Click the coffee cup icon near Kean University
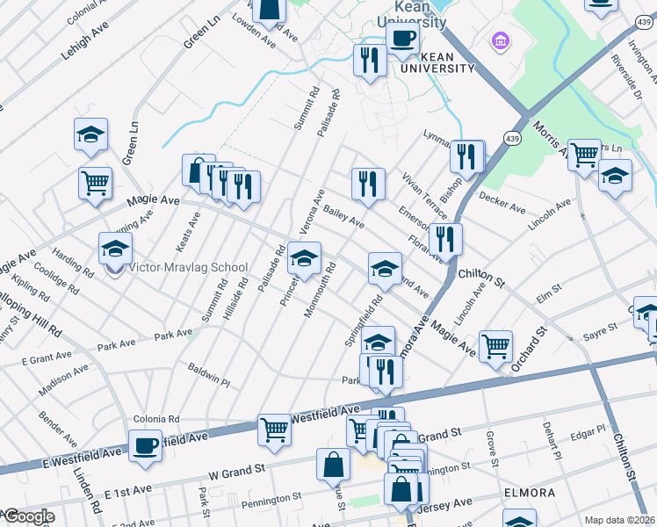click(402, 40)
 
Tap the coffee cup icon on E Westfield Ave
click(146, 445)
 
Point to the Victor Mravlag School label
click(188, 267)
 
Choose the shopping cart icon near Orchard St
click(495, 346)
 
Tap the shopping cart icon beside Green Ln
click(95, 183)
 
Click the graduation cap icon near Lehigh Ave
click(90, 134)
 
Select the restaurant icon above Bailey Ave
click(367, 184)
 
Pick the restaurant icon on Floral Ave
click(445, 239)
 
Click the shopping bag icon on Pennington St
click(335, 464)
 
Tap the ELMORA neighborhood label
click(530, 493)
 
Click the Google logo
click(28, 516)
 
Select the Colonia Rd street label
click(156, 419)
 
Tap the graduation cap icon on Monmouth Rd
click(305, 258)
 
